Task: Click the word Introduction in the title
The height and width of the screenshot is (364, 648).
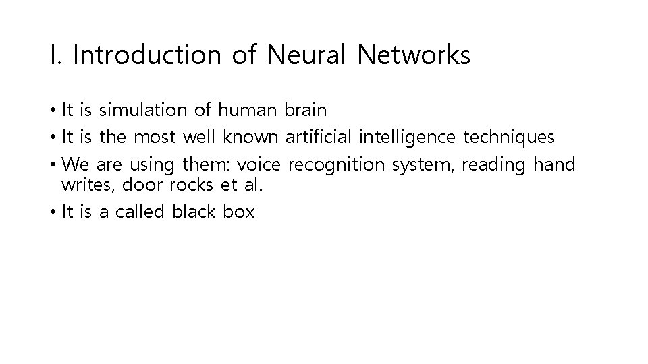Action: point(146,55)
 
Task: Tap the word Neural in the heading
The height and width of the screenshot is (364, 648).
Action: point(306,55)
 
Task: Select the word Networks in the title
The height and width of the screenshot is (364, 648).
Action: point(414,55)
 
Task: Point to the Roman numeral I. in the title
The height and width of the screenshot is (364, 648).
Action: point(55,55)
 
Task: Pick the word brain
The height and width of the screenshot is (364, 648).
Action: point(306,109)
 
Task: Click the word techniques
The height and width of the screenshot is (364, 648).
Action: point(508,137)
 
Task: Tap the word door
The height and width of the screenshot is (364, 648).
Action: point(136,184)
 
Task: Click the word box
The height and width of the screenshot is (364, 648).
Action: point(240,212)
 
